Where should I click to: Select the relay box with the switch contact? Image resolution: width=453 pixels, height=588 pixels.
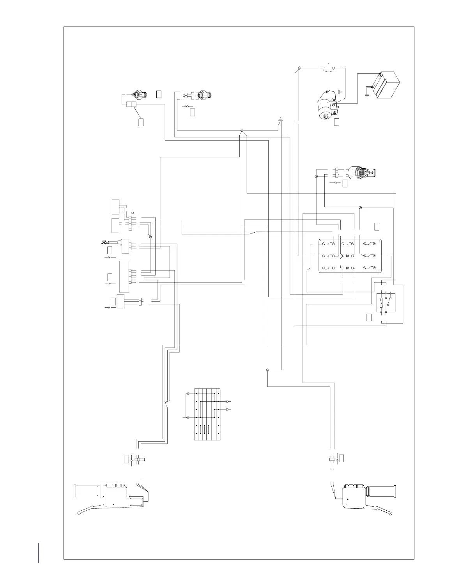pos(386,303)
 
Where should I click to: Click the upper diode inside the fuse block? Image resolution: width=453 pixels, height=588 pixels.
pos(347,255)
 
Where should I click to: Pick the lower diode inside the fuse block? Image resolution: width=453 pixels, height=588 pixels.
pos(347,268)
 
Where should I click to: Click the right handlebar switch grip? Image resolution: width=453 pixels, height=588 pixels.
pos(382,490)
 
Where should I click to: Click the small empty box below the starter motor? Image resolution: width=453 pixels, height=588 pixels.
pos(337,122)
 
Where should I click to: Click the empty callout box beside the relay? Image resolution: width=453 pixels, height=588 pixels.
pos(369,317)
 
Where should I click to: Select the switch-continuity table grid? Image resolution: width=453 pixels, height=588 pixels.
pos(207,414)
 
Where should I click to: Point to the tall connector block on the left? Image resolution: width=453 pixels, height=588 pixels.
pos(124,276)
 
